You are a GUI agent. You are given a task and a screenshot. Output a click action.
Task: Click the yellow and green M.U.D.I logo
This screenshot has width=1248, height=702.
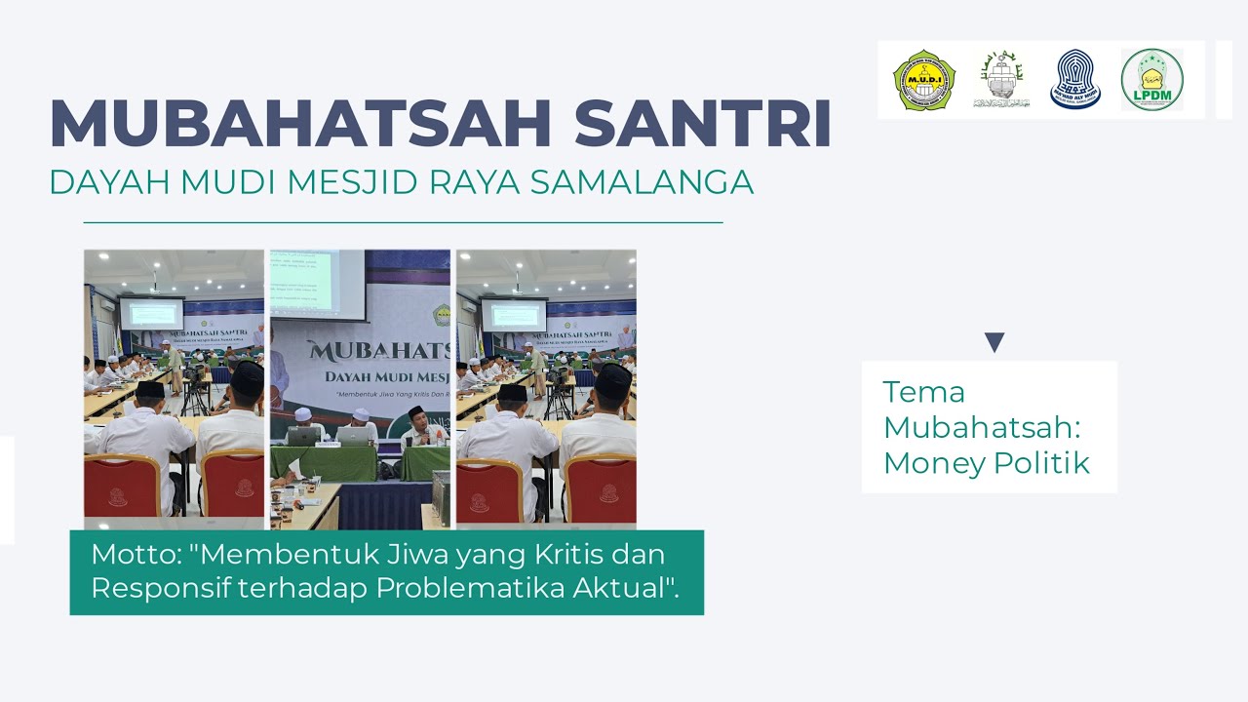[923, 80]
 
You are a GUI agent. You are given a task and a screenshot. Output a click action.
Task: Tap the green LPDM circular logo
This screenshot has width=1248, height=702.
[1151, 80]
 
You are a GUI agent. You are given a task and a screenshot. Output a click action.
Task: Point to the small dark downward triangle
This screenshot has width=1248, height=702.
[994, 342]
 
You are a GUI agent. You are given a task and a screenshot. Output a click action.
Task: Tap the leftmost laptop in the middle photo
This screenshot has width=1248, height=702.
[303, 436]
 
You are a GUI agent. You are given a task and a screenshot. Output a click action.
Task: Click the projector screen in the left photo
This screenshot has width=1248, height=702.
[151, 314]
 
